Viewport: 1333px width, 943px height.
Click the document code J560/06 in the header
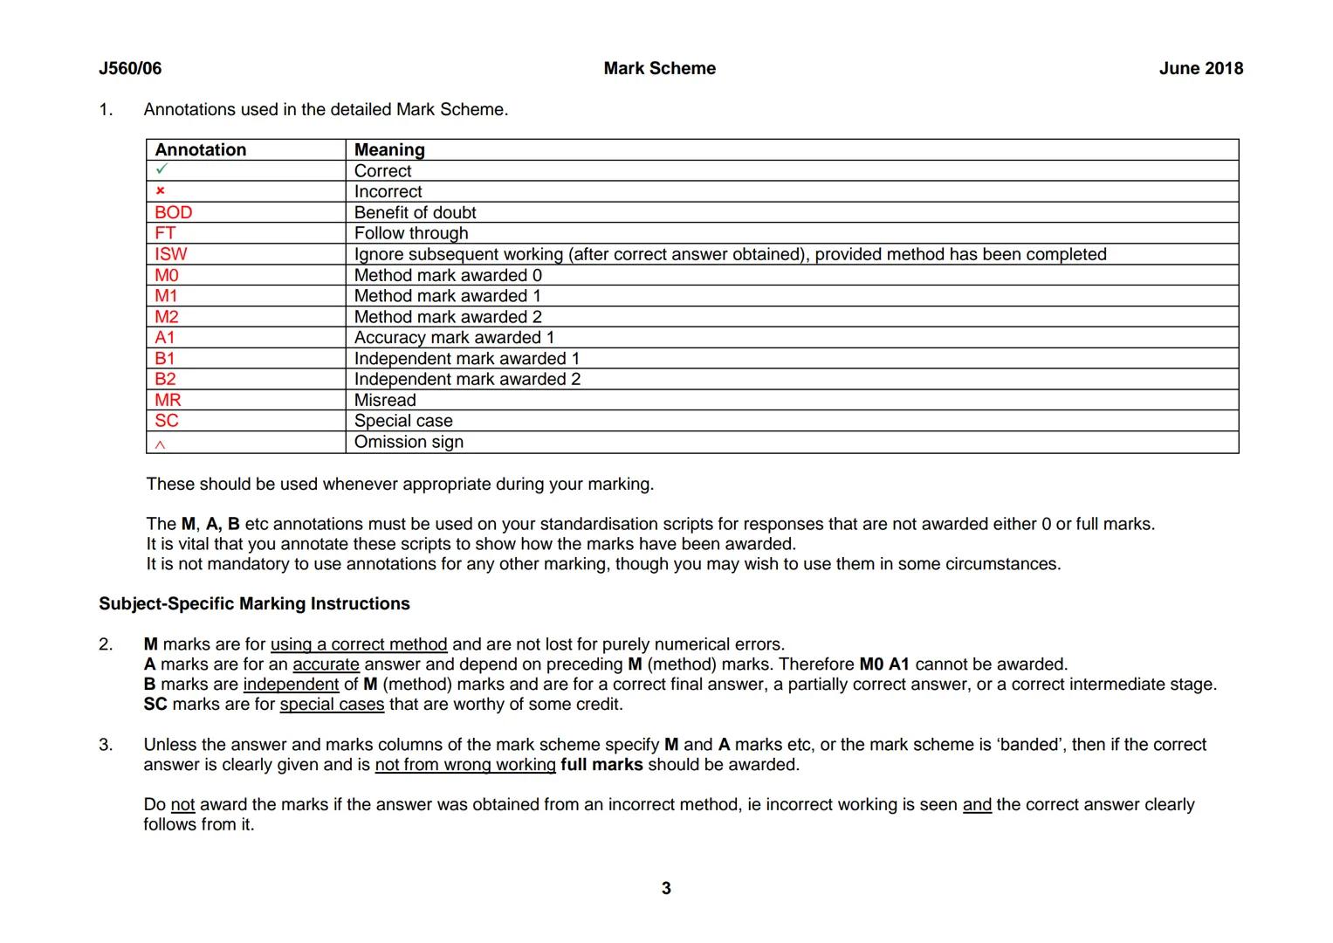130,69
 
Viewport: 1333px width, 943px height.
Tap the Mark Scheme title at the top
659,69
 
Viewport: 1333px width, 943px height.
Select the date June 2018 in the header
1200,69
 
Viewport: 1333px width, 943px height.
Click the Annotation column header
201,150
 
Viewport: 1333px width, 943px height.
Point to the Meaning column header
389,150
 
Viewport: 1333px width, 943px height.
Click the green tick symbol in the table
161,170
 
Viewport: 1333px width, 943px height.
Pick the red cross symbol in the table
161,191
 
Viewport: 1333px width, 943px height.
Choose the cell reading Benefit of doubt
415,212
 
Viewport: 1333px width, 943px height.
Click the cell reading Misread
385,400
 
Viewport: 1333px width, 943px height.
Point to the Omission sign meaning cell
409,442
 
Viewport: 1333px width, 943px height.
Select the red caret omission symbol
160,444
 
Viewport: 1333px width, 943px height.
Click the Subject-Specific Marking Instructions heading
254,604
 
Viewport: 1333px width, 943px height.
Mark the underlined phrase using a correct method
359,645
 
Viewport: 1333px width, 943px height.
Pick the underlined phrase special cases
332,705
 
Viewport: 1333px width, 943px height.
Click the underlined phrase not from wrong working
465,766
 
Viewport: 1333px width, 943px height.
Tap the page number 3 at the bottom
666,889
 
